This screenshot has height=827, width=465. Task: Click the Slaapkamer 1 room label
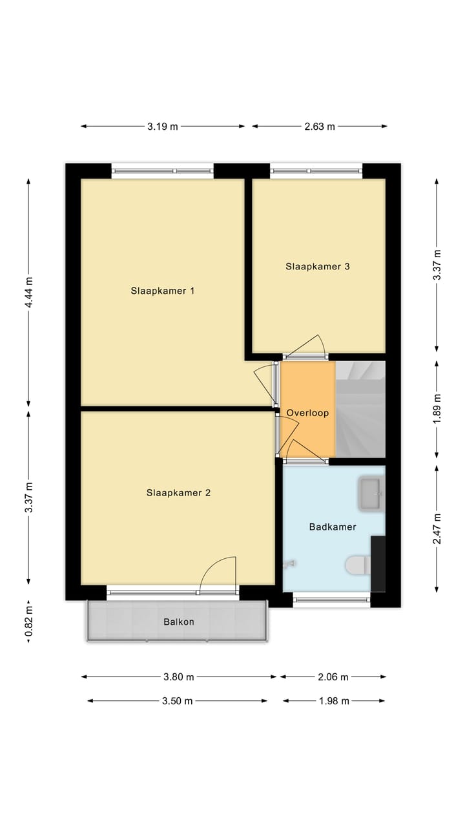coord(162,291)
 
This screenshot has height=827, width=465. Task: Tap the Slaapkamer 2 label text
coord(178,493)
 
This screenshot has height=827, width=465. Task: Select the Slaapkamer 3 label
coord(318,266)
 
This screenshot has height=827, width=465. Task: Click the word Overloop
coord(308,413)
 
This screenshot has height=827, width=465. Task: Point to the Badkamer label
coord(333,527)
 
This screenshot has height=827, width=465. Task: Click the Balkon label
coord(178,622)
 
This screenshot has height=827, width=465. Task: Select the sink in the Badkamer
coord(371,493)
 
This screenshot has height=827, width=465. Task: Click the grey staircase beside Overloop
coord(360,409)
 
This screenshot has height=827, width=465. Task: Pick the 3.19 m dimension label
coord(162,127)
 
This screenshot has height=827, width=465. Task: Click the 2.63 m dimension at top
coord(320,127)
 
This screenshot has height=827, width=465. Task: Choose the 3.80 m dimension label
coord(178,677)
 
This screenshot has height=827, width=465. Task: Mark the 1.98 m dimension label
coord(334,701)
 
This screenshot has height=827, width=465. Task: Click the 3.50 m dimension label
coord(177,701)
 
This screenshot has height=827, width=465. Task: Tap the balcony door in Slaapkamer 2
coord(218,575)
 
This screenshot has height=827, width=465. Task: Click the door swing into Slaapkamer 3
coord(307,348)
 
